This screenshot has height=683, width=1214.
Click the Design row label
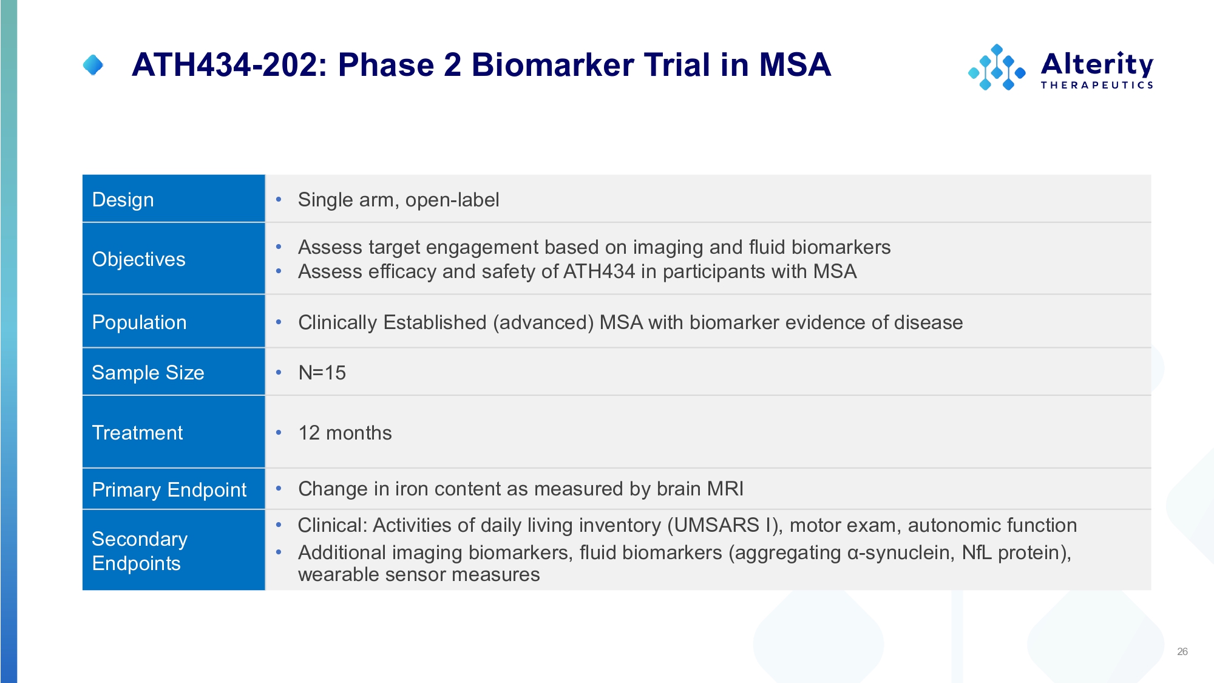123,200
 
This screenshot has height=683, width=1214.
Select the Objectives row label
138,259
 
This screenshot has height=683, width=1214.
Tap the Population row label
139,322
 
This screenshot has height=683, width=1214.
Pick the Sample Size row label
148,372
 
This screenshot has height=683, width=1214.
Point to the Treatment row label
137,433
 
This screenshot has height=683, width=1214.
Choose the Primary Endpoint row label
169,489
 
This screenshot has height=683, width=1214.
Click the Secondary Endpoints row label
140,551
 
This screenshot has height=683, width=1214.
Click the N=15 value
322,372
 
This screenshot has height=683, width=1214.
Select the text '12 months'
345,433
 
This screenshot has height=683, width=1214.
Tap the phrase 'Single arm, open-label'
398,200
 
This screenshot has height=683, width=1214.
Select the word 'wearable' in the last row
337,574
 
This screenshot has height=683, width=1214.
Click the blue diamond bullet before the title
93,65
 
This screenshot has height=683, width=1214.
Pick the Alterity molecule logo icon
997,67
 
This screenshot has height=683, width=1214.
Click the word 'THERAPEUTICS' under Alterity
1097,85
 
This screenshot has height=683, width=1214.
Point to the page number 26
1182,651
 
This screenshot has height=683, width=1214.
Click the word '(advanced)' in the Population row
543,322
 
